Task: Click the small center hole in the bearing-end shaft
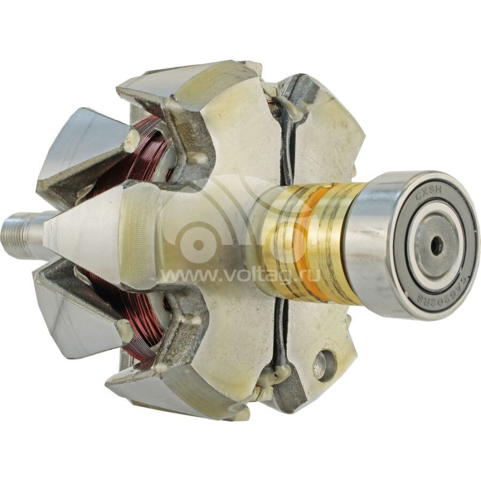pos(437,245)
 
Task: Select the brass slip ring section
pos(313,240)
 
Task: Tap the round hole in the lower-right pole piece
pos(323,366)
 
